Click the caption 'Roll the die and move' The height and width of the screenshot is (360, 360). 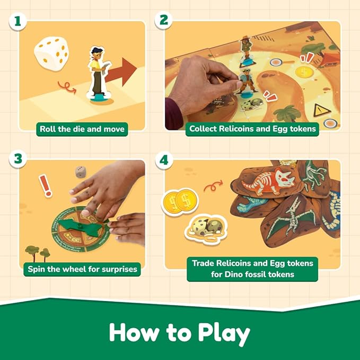[82, 129]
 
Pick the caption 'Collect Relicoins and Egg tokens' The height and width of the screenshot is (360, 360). [252, 129]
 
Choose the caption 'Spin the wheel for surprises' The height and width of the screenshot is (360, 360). [82, 269]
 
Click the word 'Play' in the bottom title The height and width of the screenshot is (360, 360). [217, 333]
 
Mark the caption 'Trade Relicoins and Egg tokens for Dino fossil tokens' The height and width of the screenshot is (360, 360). [252, 268]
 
